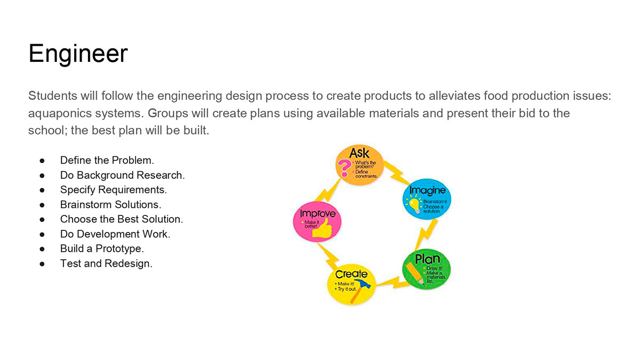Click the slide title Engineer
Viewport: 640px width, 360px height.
click(x=78, y=54)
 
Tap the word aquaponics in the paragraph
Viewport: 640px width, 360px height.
click(x=60, y=114)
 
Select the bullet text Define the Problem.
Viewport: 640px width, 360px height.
click(x=107, y=161)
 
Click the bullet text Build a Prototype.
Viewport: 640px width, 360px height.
click(x=102, y=249)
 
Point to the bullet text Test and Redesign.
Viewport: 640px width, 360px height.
click(x=106, y=263)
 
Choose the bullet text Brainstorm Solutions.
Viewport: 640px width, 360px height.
click(x=110, y=205)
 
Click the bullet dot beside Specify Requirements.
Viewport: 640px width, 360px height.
click(x=42, y=190)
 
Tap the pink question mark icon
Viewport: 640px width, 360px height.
click(x=345, y=167)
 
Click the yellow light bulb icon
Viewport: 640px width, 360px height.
click(x=414, y=204)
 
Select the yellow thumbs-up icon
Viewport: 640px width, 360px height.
click(x=322, y=229)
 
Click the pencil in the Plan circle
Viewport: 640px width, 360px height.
click(x=414, y=274)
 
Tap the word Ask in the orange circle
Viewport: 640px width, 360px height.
click(x=359, y=153)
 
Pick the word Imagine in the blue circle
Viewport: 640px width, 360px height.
click(x=427, y=190)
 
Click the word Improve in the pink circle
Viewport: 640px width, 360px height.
click(x=318, y=213)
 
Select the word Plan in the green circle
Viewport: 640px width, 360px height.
click(x=427, y=259)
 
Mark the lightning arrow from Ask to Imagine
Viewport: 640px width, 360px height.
click(x=397, y=173)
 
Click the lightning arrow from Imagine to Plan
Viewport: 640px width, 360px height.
click(x=426, y=235)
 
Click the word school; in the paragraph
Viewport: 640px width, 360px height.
click(x=47, y=130)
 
